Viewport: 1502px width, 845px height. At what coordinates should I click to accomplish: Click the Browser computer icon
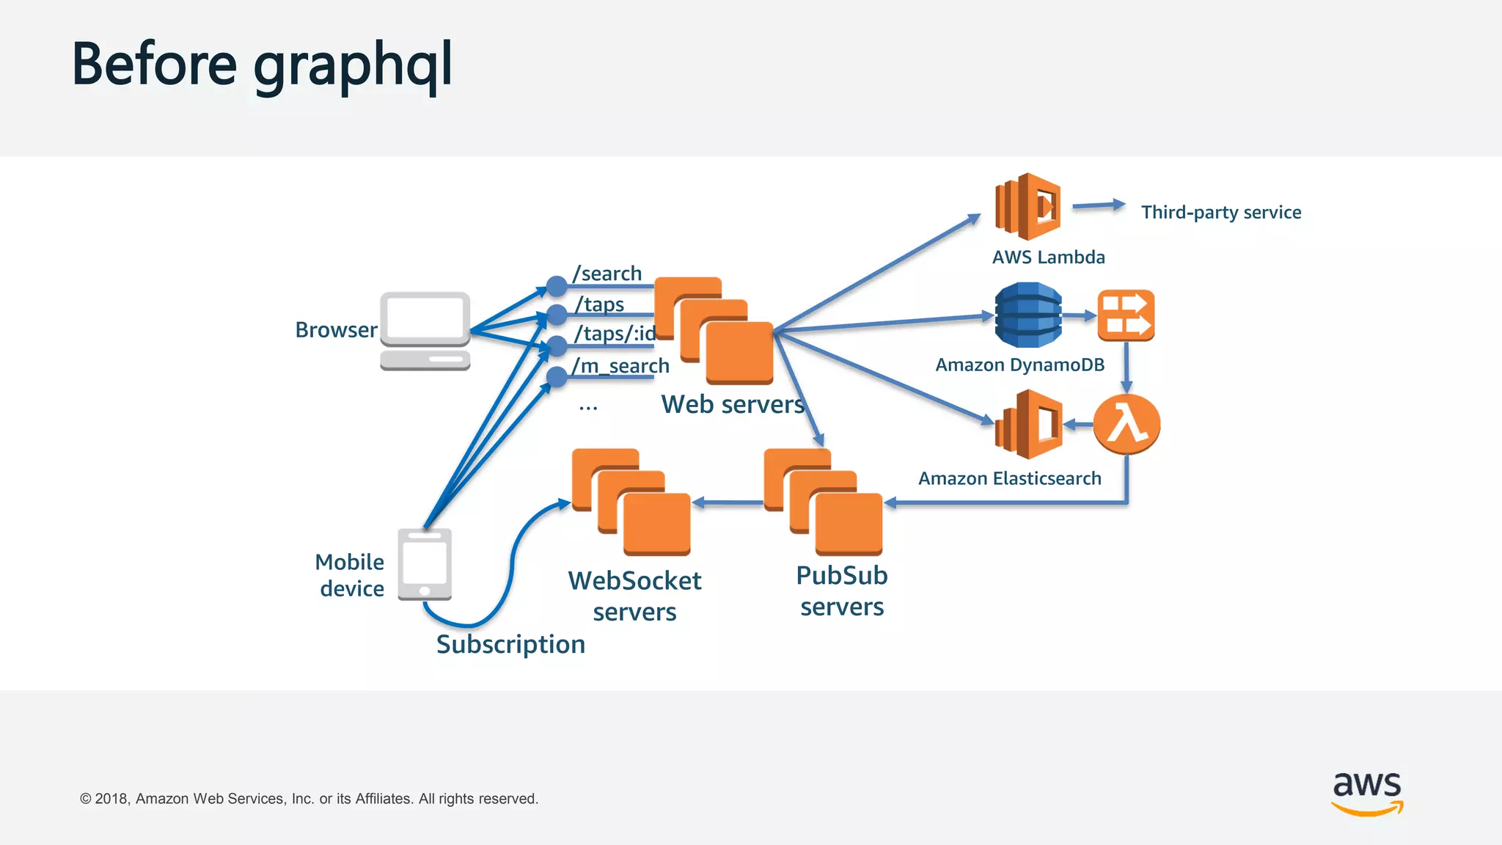point(425,331)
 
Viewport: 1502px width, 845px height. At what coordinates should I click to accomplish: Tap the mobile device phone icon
point(425,564)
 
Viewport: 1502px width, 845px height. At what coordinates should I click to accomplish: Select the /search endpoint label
point(607,274)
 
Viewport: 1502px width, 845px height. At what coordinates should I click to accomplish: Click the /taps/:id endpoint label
point(615,334)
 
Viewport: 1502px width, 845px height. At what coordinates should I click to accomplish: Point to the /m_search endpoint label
point(620,365)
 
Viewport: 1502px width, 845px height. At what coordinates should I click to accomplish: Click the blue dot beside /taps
point(557,315)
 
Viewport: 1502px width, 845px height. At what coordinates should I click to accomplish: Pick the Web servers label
point(732,404)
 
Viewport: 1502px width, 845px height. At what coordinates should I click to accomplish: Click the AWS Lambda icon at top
point(1027,207)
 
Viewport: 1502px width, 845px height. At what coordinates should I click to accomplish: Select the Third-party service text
point(1221,212)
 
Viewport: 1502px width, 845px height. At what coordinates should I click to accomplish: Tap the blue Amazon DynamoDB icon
point(1027,315)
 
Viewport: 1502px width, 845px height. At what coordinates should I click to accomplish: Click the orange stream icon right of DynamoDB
point(1126,315)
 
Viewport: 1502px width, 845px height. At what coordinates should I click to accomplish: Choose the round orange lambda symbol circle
point(1126,424)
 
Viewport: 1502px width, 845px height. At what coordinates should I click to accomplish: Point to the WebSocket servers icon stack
point(631,502)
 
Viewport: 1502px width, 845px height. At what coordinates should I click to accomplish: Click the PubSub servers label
point(842,591)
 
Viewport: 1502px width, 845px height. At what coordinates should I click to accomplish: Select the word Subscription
point(510,644)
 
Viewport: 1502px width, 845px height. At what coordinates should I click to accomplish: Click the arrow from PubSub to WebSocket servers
point(728,502)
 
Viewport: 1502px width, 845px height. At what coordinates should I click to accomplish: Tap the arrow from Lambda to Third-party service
point(1098,206)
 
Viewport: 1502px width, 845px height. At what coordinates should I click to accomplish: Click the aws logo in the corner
point(1367,792)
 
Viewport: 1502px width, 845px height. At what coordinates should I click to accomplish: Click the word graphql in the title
point(353,66)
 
